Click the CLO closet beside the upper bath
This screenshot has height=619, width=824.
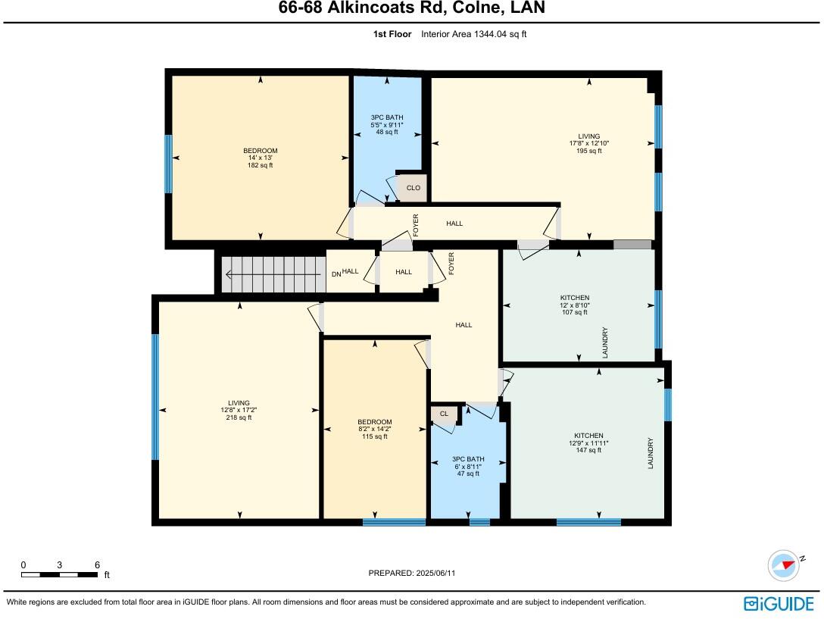413,187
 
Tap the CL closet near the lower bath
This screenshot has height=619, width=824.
444,413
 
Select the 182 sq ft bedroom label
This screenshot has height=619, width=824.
260,158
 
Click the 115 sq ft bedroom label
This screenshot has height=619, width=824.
375,429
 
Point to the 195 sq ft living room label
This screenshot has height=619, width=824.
588,143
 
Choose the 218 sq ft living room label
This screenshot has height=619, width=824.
239,410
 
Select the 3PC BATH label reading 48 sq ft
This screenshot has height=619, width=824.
387,124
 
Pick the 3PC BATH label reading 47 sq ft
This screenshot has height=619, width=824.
467,466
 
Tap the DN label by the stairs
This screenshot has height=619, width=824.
336,274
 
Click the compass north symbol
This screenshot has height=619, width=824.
785,565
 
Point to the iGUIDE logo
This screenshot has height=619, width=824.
781,603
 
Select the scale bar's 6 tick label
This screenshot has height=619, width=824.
97,565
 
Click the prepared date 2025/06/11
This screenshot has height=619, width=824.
412,574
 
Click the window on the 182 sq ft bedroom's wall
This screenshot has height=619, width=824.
168,164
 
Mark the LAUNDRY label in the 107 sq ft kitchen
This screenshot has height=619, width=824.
605,342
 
